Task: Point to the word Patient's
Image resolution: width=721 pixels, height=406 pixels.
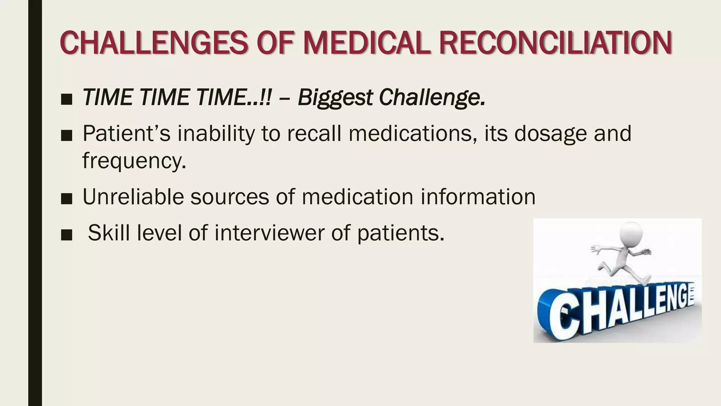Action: pyautogui.click(x=126, y=134)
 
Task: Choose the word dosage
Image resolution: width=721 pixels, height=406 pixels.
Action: pyautogui.click(x=551, y=134)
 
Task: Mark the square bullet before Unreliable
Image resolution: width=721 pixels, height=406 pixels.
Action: pyautogui.click(x=66, y=199)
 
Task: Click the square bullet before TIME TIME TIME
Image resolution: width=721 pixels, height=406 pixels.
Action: pyautogui.click(x=66, y=99)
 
